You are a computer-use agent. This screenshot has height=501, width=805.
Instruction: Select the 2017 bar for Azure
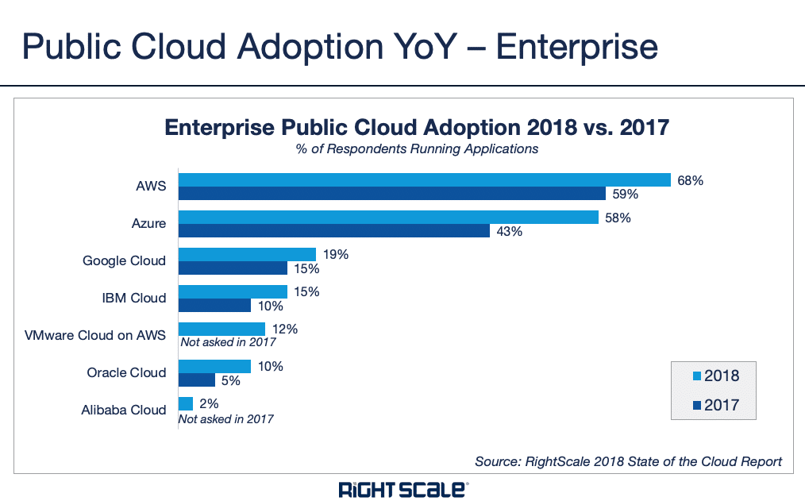[333, 231]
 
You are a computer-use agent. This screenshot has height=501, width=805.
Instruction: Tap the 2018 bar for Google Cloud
[247, 255]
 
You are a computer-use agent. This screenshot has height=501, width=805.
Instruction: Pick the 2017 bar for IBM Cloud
[214, 306]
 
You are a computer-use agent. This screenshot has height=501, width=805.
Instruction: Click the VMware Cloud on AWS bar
[221, 329]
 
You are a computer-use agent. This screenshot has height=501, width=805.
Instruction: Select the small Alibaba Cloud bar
[186, 403]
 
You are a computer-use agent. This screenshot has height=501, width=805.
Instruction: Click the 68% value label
[690, 180]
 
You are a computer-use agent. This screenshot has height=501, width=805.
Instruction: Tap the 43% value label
[509, 231]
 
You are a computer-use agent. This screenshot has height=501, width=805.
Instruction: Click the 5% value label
[230, 380]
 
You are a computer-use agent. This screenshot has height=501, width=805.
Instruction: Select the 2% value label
[209, 403]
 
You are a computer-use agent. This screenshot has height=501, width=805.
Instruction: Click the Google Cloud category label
[125, 261]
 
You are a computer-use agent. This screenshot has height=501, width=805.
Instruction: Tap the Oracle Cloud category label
[126, 373]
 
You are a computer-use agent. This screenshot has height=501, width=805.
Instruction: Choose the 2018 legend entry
[715, 376]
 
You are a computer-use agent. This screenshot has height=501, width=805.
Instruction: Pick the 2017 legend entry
[715, 405]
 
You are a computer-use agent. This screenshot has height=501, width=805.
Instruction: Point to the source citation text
[628, 461]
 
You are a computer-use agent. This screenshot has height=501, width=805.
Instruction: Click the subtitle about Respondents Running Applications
[406, 149]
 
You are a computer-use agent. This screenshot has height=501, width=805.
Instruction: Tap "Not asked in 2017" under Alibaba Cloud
[226, 418]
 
